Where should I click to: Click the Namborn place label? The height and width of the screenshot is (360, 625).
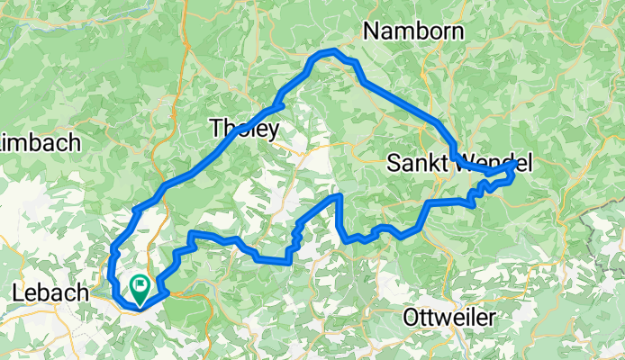(413, 32)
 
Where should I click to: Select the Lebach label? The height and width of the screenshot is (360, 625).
(52, 292)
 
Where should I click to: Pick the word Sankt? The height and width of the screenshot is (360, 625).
(420, 164)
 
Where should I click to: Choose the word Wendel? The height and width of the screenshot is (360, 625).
(495, 164)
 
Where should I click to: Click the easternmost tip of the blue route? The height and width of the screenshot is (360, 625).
(517, 165)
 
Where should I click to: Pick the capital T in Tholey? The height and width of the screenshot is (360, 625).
(215, 129)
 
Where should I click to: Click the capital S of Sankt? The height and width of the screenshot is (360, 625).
(394, 164)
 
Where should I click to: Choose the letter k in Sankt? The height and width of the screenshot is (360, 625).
(436, 164)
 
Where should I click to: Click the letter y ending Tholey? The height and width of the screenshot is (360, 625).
(272, 131)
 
